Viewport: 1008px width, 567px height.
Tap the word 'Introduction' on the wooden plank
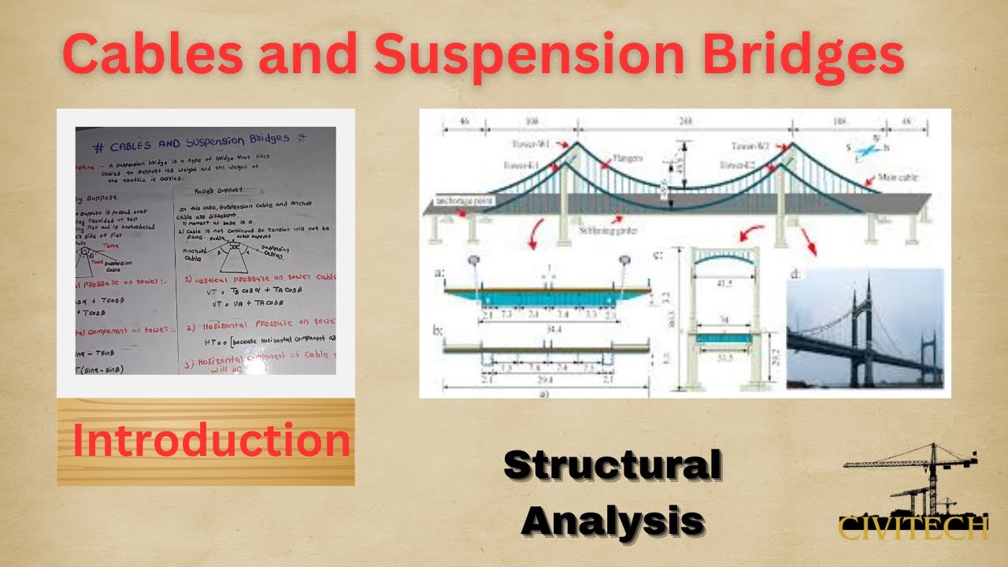point(211,440)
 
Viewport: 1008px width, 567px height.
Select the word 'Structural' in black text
point(612,465)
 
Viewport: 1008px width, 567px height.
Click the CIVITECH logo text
point(912,526)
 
